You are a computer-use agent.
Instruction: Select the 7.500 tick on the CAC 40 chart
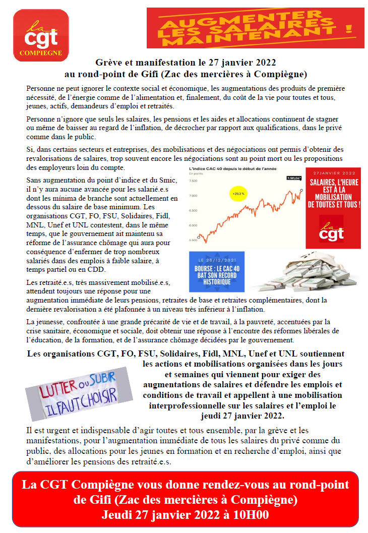193,180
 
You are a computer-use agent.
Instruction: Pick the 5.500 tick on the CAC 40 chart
193,241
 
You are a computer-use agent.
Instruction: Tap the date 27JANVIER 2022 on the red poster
333,172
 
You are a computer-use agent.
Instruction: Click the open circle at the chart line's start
199,236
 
